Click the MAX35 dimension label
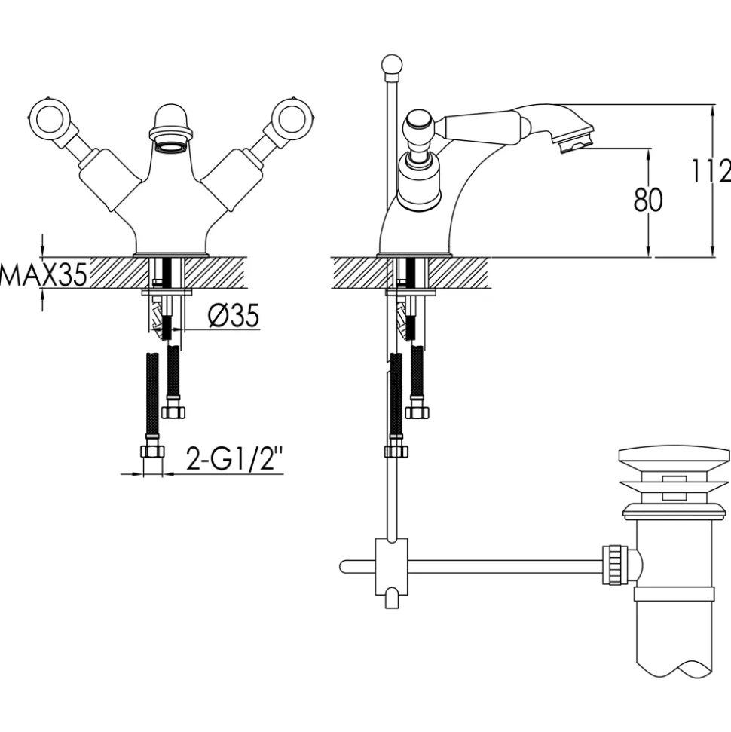click(x=44, y=275)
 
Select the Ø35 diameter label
click(x=234, y=316)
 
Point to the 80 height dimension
click(x=648, y=200)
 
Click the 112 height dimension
click(x=711, y=170)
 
